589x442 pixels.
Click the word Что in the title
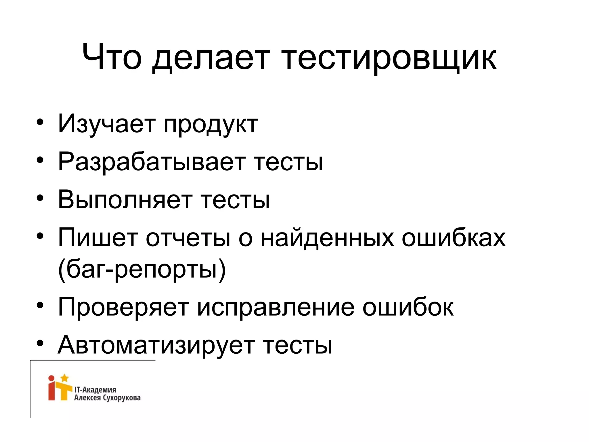(x=112, y=58)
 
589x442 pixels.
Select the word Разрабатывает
(x=151, y=162)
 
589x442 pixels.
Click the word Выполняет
(x=125, y=199)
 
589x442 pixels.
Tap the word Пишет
(x=97, y=237)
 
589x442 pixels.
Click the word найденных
(x=327, y=238)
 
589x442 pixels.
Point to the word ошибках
(x=453, y=237)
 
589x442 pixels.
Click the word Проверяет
(x=123, y=307)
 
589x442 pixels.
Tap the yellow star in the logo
(x=65, y=378)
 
